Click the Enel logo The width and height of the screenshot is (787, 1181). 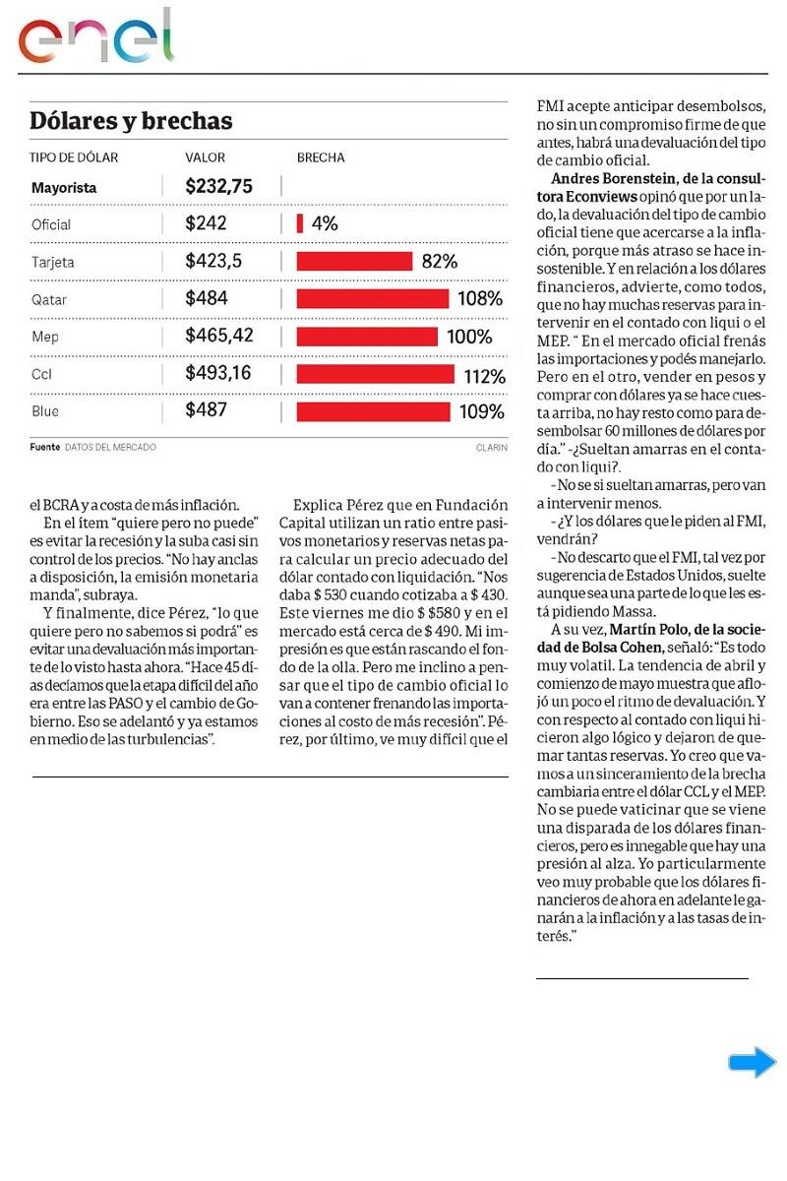pos(95,37)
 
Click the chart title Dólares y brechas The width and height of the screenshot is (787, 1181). pos(131,121)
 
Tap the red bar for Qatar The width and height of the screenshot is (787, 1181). pos(372,298)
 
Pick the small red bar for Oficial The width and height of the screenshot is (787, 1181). pos(300,224)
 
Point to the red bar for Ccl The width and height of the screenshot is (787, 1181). pos(375,374)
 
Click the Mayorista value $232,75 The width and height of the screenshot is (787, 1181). pos(218,186)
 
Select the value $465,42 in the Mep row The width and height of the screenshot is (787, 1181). pos(218,336)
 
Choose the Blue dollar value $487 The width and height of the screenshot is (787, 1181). pos(207,410)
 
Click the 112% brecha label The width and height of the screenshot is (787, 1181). pos(484,375)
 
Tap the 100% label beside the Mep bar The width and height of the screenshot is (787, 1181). pos(469,337)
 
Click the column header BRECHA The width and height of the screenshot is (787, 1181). pos(321,157)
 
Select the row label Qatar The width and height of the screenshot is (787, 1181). pos(49,299)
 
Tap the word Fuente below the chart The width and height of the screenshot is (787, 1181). pos(44,447)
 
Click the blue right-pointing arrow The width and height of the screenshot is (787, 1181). pos(753,1062)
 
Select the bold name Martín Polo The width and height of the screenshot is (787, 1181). pos(645,629)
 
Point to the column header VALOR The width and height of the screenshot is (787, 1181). pos(205,157)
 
